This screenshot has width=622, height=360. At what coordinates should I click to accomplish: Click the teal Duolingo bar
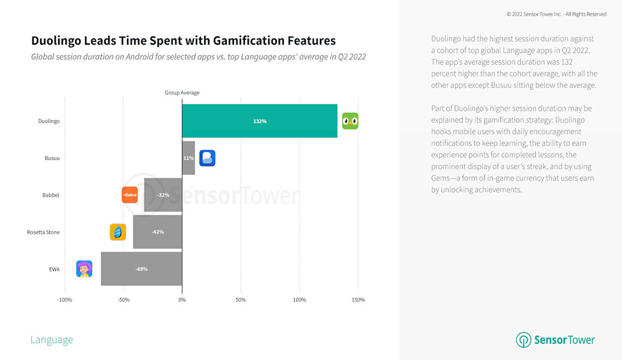point(259,121)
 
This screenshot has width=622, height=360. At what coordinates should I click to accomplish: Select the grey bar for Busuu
point(189,158)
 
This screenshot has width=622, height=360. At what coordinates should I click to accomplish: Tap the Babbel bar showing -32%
point(163,195)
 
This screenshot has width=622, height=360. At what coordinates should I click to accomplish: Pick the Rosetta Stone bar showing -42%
point(157,232)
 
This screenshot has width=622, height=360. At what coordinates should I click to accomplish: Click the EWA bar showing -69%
point(141,269)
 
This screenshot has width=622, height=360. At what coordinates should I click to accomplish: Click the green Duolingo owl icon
point(350,121)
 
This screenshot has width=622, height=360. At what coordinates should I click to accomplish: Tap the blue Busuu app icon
point(207,158)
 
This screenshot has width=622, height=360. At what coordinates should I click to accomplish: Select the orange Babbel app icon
point(130,195)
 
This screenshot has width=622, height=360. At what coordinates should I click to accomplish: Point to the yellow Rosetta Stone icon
point(118,232)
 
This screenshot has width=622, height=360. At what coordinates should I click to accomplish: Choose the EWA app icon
point(84,269)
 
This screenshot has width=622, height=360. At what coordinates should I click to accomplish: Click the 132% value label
point(260,121)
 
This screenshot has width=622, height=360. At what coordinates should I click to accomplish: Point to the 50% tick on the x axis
point(240,300)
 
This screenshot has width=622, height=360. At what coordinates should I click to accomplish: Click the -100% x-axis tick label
point(65,300)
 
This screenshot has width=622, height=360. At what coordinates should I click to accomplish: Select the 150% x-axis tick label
point(358,300)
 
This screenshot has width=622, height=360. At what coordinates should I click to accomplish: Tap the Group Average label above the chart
point(182,93)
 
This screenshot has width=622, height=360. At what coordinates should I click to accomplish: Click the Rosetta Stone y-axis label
point(43,232)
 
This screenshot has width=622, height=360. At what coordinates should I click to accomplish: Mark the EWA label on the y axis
point(54,269)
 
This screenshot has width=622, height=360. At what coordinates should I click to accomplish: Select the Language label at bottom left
point(52,340)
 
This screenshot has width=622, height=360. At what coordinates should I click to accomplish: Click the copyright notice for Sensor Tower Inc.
point(557,14)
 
